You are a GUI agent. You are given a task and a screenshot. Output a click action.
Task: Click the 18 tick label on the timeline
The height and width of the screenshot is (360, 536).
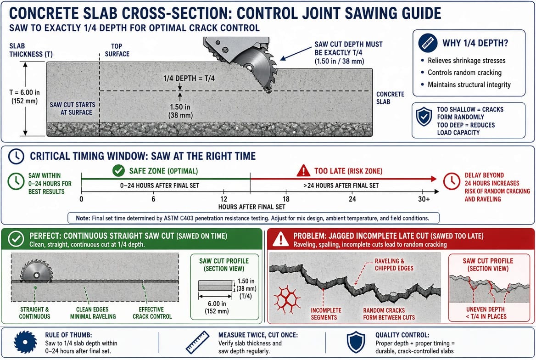tap(286, 199)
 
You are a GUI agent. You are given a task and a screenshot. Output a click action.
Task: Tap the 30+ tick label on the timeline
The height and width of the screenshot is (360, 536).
tap(424, 199)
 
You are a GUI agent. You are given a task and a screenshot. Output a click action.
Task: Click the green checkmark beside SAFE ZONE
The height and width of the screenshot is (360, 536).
tap(118, 171)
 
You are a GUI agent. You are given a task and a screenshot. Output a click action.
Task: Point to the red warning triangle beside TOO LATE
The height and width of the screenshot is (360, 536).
tap(303, 171)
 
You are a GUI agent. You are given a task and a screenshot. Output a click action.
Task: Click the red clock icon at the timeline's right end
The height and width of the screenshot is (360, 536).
tap(452, 181)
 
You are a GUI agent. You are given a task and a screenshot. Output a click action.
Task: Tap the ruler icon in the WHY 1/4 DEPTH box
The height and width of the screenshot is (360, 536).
tap(428, 43)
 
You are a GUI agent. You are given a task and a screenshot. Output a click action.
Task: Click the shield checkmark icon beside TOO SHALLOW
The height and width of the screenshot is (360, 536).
tap(424, 116)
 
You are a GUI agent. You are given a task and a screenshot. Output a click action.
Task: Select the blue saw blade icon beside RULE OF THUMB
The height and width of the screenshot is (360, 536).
tap(25, 342)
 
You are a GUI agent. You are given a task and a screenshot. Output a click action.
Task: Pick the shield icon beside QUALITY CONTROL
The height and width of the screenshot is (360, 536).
tap(356, 342)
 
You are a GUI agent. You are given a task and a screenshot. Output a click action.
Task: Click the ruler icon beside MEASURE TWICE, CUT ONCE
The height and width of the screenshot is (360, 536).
tap(197, 342)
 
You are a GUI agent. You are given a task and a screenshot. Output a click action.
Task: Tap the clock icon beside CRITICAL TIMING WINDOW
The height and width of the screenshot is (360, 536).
tap(16, 157)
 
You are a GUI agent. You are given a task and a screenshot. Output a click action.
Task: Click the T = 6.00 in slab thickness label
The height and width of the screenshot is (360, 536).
tap(24, 96)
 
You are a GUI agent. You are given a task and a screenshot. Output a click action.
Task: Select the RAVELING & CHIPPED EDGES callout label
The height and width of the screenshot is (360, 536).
tap(394, 264)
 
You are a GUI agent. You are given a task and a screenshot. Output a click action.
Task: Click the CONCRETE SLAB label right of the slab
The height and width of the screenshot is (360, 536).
tap(390, 98)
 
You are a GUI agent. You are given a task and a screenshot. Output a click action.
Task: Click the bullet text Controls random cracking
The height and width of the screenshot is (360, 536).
tap(464, 73)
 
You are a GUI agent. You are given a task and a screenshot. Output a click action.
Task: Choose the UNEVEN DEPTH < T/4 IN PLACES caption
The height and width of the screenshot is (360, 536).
tap(486, 313)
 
